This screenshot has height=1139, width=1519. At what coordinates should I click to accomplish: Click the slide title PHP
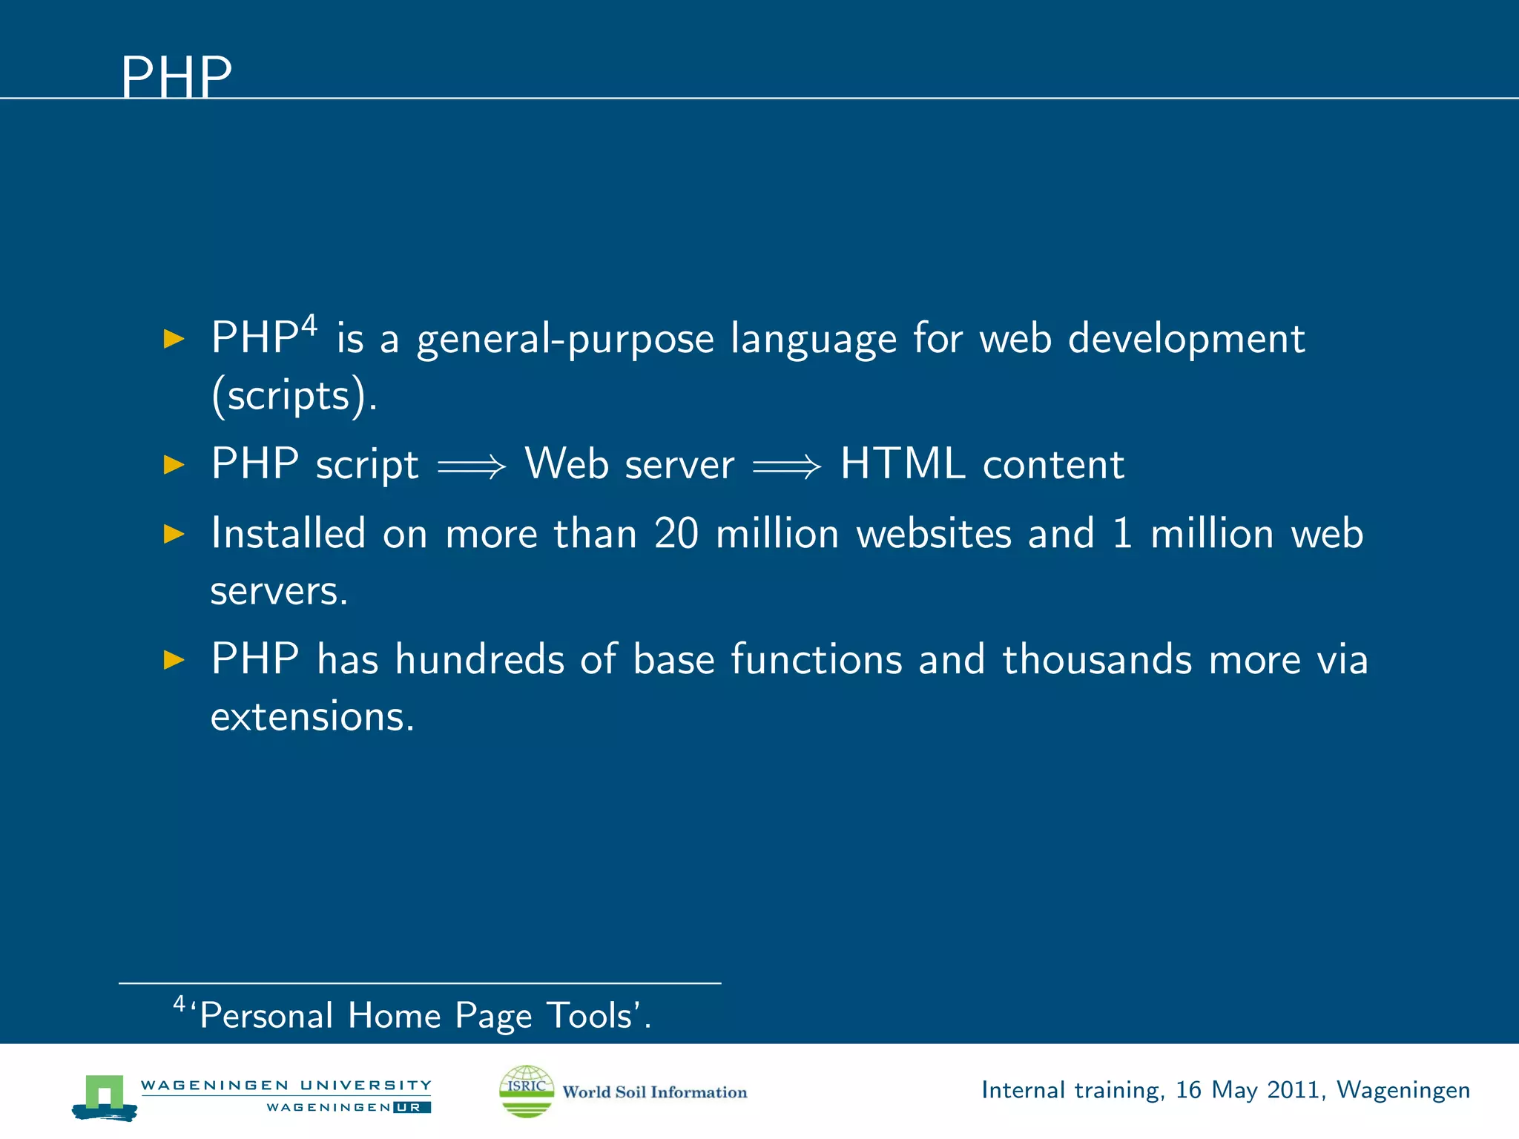tap(177, 77)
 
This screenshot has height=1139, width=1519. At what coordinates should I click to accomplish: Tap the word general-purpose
tap(565, 340)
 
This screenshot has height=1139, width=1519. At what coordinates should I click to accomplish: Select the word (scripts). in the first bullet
tap(294, 396)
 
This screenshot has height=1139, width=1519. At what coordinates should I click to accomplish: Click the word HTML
tap(902, 464)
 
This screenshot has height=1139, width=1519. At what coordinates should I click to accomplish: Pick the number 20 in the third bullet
tap(676, 534)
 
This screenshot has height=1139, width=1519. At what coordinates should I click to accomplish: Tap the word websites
tap(933, 534)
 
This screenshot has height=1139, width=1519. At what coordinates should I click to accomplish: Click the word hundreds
tap(479, 659)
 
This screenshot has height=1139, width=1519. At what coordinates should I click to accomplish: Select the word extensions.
tap(312, 717)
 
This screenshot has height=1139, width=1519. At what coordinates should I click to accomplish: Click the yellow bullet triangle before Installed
tap(174, 534)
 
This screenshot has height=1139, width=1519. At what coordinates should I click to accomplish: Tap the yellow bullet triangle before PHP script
tap(174, 465)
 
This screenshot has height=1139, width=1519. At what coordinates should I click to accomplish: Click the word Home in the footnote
tap(394, 1015)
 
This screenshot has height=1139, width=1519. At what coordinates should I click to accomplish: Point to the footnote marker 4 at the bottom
tap(179, 1005)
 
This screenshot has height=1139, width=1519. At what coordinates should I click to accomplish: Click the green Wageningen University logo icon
tap(105, 1096)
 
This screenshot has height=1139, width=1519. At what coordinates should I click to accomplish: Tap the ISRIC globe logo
tap(526, 1091)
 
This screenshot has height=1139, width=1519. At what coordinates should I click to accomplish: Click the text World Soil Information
tap(654, 1092)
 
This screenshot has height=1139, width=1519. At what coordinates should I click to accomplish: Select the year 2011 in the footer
tap(1294, 1090)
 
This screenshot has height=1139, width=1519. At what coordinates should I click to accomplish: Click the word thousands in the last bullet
tap(1097, 659)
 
